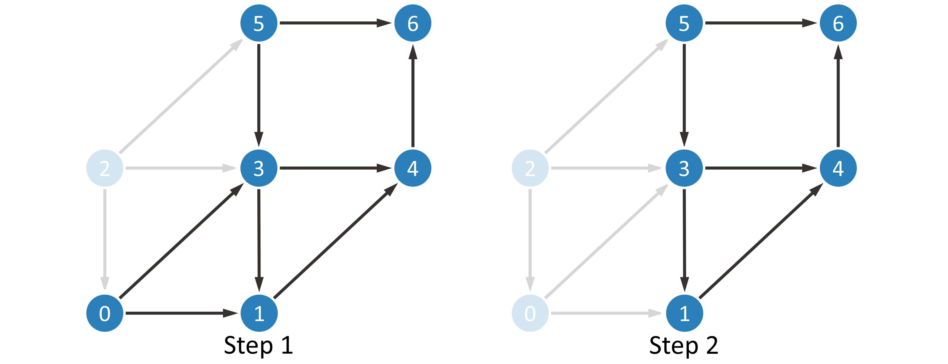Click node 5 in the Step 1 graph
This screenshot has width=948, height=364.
click(259, 23)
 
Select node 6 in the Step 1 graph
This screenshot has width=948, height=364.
click(413, 23)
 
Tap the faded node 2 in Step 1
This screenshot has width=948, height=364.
click(105, 168)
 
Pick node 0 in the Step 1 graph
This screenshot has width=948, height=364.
click(105, 313)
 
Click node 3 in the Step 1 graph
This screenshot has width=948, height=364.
click(259, 168)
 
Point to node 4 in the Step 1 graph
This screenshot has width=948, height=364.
click(413, 168)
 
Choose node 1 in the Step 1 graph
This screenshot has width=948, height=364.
click(259, 313)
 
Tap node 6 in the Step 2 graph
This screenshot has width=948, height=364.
click(838, 23)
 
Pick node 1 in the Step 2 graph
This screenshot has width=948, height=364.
click(684, 313)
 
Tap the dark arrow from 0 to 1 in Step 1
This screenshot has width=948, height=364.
click(182, 313)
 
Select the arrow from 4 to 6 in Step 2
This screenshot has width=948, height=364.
click(838, 96)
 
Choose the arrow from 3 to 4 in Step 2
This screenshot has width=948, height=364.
click(761, 168)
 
